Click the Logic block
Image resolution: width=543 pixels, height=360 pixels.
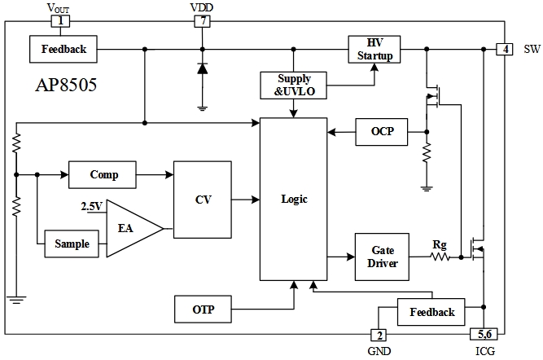coord(293,199)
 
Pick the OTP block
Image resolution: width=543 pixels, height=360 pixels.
coord(204,309)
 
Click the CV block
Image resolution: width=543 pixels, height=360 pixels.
coord(203,200)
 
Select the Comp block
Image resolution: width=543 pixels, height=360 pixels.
coord(103,174)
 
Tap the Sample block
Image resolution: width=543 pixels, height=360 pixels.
coord(72,244)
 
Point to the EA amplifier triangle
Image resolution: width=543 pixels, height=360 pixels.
coord(130,229)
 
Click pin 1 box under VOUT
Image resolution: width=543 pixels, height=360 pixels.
coord(59,20)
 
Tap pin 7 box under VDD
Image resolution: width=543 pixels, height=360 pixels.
coord(202,20)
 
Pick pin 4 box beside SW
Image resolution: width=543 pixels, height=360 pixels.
coord(505,49)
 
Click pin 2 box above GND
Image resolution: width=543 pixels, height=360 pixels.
coord(379,334)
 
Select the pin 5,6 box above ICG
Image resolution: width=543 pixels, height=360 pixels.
coord(484,334)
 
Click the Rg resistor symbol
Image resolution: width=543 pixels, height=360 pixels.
coord(440,257)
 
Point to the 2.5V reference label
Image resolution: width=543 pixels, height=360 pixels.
coord(91,206)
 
